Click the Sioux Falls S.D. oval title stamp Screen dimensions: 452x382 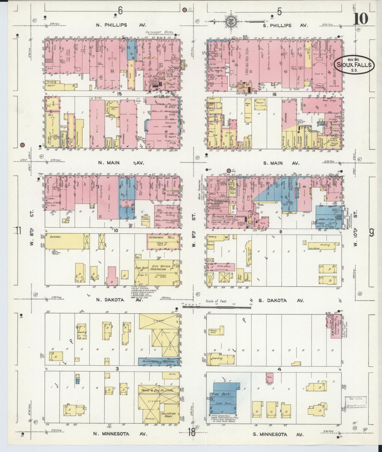pyautogui.click(x=354, y=64)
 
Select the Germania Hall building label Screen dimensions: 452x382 pyautogui.click(x=163, y=238)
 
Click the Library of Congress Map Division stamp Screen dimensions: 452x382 pyautogui.click(x=355, y=402)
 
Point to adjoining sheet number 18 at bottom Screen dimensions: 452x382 pyautogui.click(x=192, y=433)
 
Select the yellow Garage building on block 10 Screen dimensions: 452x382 pyautogui.click(x=65, y=241)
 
